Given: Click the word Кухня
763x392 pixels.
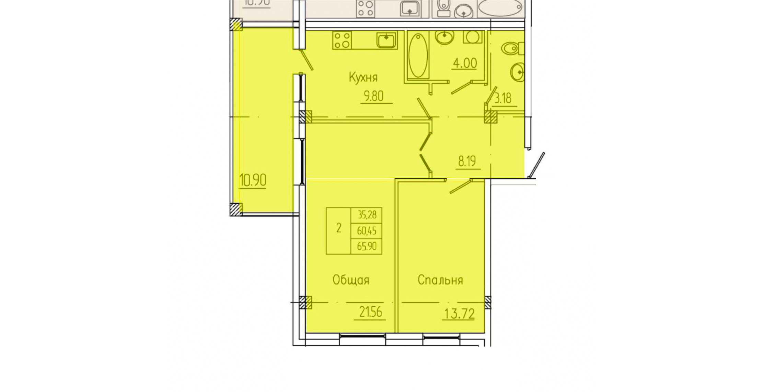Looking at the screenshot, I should pyautogui.click(x=363, y=78).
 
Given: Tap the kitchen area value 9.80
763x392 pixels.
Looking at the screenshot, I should pyautogui.click(x=373, y=96).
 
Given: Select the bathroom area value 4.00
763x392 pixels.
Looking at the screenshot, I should pyautogui.click(x=465, y=63).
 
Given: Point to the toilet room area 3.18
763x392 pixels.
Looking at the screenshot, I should pyautogui.click(x=503, y=99).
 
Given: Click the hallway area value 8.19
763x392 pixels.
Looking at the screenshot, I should pyautogui.click(x=467, y=161).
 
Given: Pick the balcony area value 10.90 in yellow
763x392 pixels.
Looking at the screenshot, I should pyautogui.click(x=253, y=180).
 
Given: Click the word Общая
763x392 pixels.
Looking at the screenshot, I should pyautogui.click(x=351, y=280).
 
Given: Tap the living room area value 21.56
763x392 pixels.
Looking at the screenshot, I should pyautogui.click(x=371, y=312).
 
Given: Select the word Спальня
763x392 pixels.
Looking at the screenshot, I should pyautogui.click(x=440, y=280).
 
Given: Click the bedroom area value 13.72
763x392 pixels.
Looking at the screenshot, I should pyautogui.click(x=460, y=313).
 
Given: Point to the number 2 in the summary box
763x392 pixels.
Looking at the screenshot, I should pyautogui.click(x=339, y=228).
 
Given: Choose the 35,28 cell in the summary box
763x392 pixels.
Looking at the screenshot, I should pyautogui.click(x=367, y=215).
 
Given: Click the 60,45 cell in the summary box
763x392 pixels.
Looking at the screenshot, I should pyautogui.click(x=367, y=231).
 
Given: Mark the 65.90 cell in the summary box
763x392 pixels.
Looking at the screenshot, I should pyautogui.click(x=367, y=246).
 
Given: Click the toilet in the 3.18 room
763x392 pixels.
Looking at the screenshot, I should pyautogui.click(x=511, y=48).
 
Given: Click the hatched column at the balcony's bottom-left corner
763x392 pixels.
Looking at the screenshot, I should pyautogui.click(x=236, y=209).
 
